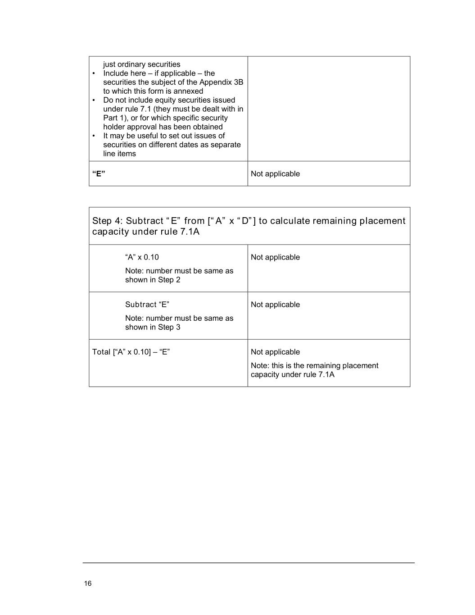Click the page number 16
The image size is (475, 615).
point(87,583)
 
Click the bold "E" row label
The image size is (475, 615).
point(99,173)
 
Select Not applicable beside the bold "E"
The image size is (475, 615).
point(275,174)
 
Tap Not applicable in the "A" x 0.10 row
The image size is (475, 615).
point(275,257)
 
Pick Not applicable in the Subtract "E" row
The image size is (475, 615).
point(275,305)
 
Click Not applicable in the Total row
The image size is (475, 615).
point(275,352)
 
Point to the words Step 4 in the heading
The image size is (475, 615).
point(106,221)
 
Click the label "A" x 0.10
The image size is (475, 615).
point(142,257)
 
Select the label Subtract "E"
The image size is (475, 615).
point(147,305)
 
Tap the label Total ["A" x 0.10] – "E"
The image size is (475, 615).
point(131,352)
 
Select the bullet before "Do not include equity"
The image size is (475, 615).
point(94,100)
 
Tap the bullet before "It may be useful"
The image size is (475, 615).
point(94,136)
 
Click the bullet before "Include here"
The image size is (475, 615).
point(94,73)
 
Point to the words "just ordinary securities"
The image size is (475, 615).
point(141,64)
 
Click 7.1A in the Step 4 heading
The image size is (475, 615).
point(190,232)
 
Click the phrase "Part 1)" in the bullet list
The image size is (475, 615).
point(115,118)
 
